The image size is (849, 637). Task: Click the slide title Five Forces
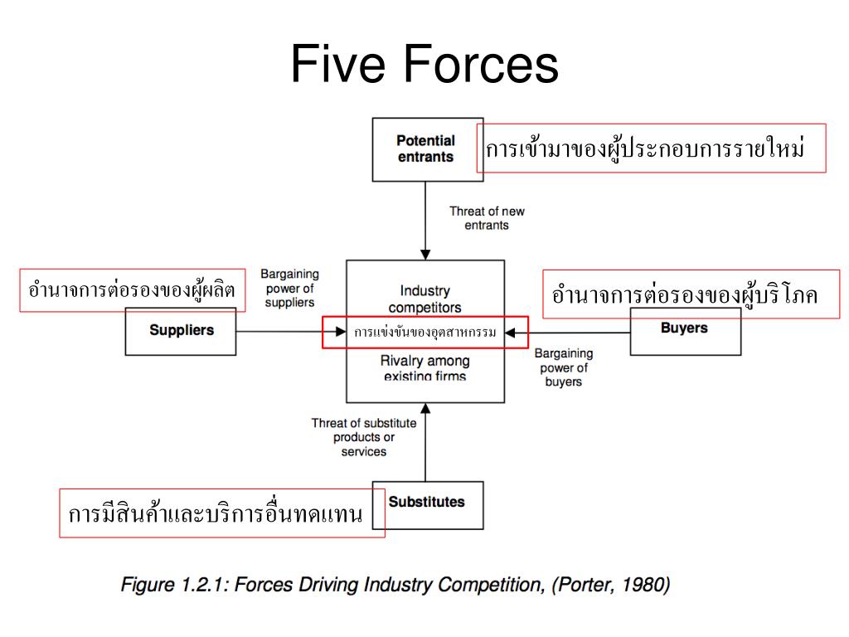click(424, 65)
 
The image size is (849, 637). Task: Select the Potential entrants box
click(426, 149)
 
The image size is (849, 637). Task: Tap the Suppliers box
click(181, 330)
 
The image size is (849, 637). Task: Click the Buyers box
click(685, 328)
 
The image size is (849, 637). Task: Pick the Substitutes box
click(427, 503)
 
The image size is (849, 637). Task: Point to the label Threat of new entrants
click(487, 217)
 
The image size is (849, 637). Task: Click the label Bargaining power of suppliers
click(289, 288)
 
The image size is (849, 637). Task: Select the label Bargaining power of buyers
click(564, 367)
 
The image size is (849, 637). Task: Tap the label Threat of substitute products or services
click(364, 437)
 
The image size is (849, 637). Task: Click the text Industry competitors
click(424, 299)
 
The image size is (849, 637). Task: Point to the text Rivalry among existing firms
click(424, 368)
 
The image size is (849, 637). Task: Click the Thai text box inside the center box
click(424, 333)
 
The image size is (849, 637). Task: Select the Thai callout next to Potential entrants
click(652, 148)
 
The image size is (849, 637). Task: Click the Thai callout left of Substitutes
click(221, 513)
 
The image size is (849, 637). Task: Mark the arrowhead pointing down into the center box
click(424, 255)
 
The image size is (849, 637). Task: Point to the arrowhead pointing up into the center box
click(424, 408)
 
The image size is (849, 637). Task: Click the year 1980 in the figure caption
click(643, 586)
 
